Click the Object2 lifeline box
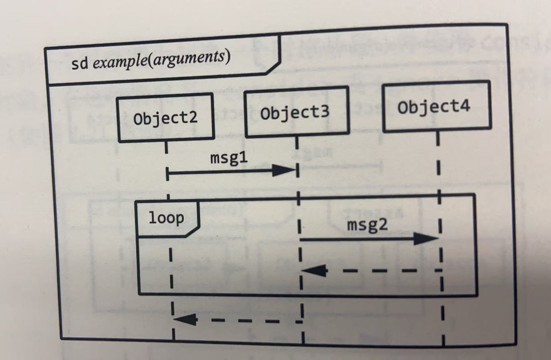(x=165, y=118)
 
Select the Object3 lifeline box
(x=296, y=112)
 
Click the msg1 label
(x=229, y=158)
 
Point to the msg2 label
(x=367, y=225)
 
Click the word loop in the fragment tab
(x=166, y=218)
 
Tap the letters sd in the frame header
(x=79, y=63)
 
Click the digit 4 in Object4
(x=464, y=105)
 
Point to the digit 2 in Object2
(x=193, y=117)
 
